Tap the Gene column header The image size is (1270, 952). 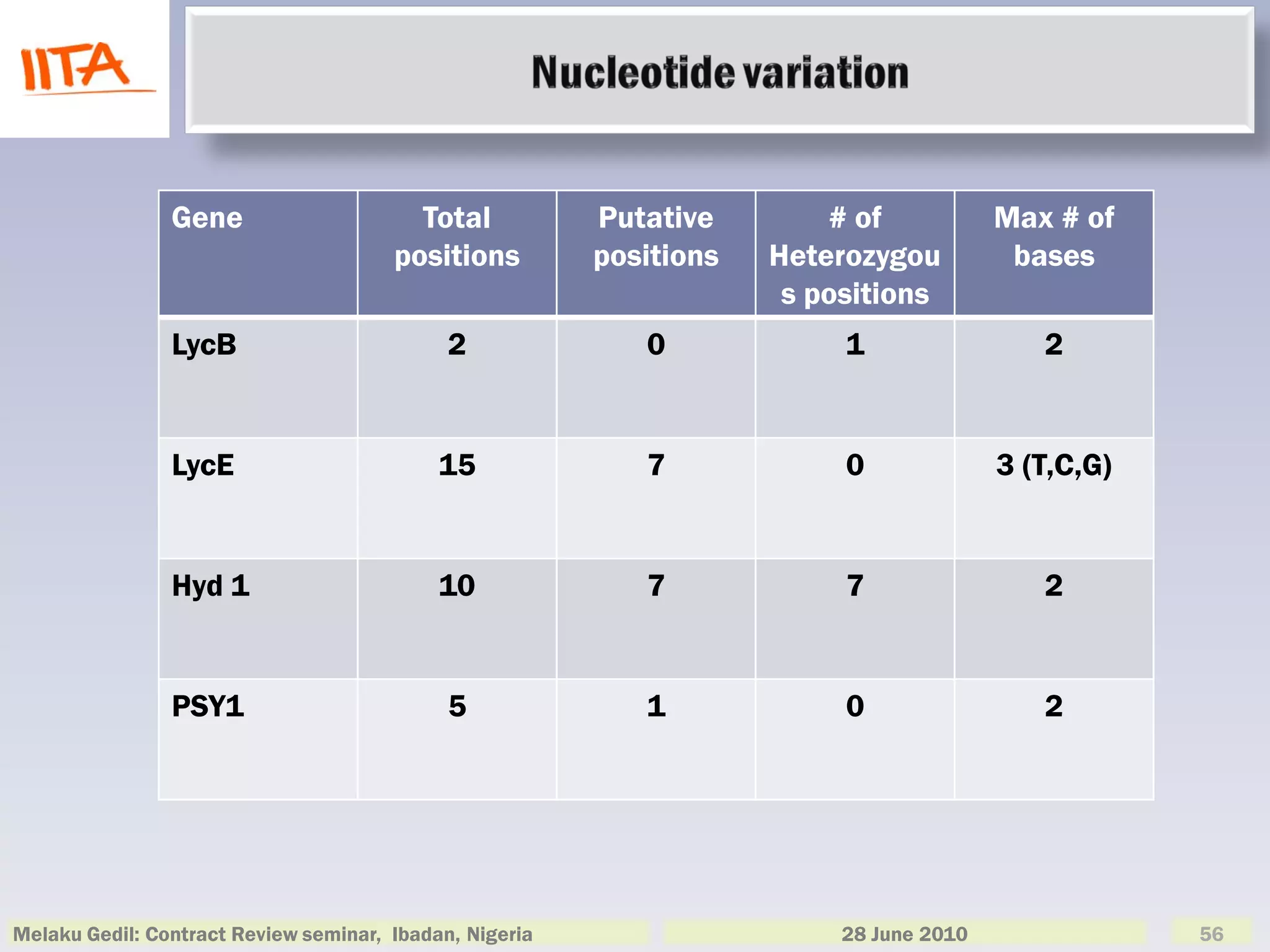click(x=207, y=218)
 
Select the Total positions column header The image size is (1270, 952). click(x=457, y=237)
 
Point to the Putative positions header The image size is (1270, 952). click(x=656, y=237)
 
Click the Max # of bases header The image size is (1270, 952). click(x=1054, y=237)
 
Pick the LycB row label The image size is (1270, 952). click(x=204, y=345)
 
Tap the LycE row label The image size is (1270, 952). click(x=203, y=465)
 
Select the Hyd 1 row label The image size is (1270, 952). click(x=211, y=586)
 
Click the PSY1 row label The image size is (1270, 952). click(x=208, y=707)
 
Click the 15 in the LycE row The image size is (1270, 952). click(x=457, y=465)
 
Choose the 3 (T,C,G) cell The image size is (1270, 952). click(x=1054, y=465)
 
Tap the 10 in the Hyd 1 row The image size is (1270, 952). click(x=457, y=586)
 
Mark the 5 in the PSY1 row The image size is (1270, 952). click(x=457, y=707)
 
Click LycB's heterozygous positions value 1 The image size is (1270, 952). click(x=855, y=345)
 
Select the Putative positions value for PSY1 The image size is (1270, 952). click(x=656, y=707)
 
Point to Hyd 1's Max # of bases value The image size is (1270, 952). click(x=1054, y=586)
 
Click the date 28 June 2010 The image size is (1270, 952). click(x=904, y=934)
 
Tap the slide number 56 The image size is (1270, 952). click(x=1211, y=934)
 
